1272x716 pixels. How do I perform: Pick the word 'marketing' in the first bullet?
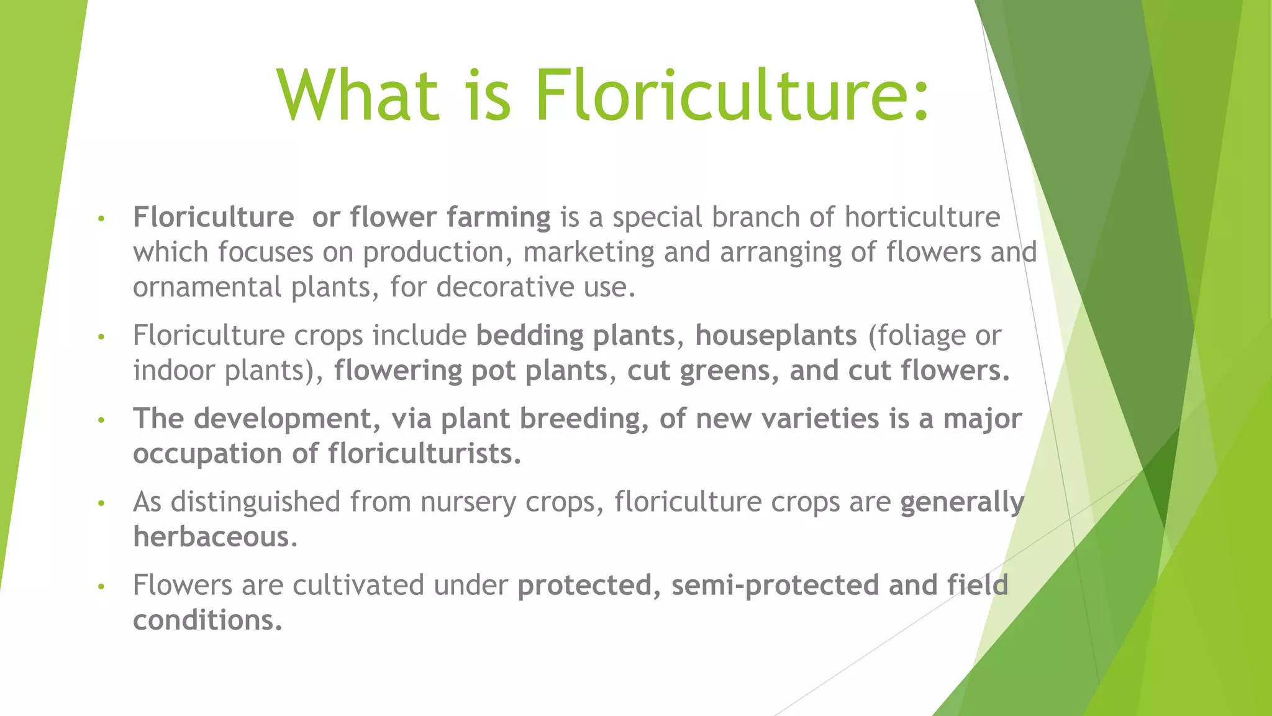pos(588,252)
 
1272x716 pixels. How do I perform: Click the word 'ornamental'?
pos(207,287)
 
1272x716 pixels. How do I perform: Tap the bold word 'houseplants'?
pos(776,336)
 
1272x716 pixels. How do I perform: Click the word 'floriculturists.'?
pos(425,454)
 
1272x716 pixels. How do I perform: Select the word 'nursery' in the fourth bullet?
pos(467,502)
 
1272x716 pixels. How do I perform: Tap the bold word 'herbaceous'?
pos(211,537)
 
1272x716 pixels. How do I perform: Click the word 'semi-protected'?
pos(775,585)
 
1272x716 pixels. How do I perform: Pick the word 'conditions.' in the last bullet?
pos(207,620)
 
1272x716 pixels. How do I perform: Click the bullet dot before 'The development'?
pos(101,420)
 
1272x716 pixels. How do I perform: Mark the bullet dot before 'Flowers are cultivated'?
pos(101,587)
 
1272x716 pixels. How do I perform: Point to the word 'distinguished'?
pos(255,502)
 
